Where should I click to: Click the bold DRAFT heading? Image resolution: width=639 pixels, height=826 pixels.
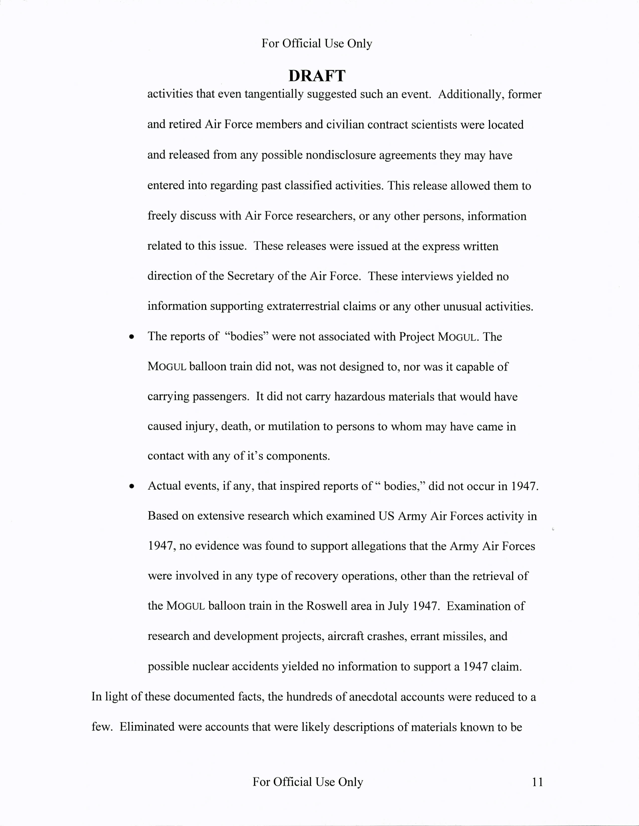click(x=317, y=76)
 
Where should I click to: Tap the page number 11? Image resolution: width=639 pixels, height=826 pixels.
click(x=537, y=782)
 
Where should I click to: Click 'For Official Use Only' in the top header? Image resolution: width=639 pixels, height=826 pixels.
click(x=317, y=43)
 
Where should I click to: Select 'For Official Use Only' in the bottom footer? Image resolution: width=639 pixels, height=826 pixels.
click(x=307, y=782)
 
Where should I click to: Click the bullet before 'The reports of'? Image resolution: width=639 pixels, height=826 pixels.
click(x=131, y=337)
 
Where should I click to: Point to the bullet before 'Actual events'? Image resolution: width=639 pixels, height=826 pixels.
click(x=131, y=486)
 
